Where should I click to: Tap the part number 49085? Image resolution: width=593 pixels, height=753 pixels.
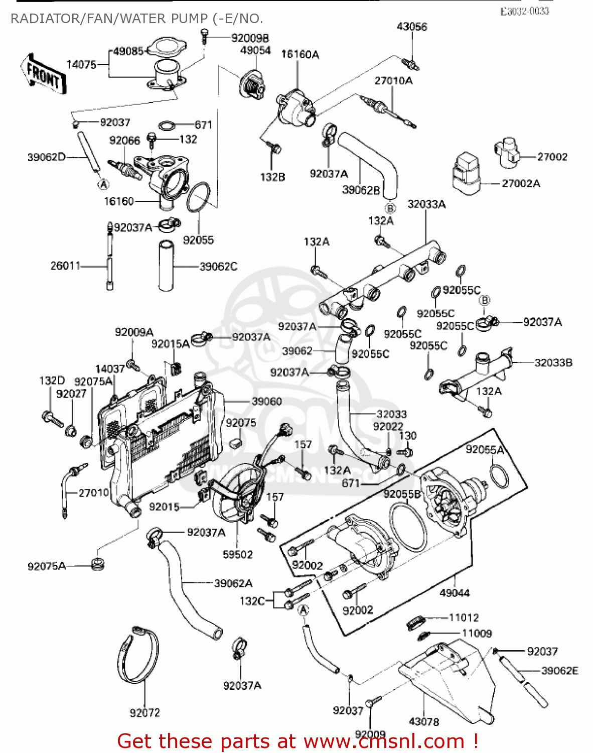[x=128, y=51]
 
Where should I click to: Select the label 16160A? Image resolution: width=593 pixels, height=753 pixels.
[x=300, y=54]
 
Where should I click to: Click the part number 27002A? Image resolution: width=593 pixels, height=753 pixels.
[x=521, y=184]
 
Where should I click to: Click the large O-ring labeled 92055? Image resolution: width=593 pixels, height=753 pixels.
[x=198, y=198]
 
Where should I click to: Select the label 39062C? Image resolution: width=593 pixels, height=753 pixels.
[x=218, y=267]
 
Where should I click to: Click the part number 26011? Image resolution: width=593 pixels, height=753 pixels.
[x=65, y=266]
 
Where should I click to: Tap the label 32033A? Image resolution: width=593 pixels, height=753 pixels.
[x=426, y=204]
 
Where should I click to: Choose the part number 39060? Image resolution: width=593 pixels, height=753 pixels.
[x=266, y=401]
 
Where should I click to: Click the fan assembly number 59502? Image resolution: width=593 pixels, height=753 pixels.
[x=237, y=554]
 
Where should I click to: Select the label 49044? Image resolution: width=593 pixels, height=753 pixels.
[x=455, y=593]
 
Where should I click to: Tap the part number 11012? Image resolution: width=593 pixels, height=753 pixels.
[x=463, y=617]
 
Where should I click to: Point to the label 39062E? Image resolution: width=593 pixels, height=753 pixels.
[x=559, y=670]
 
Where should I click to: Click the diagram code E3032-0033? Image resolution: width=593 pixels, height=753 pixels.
[x=524, y=11]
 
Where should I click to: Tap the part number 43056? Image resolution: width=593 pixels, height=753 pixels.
[x=412, y=27]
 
